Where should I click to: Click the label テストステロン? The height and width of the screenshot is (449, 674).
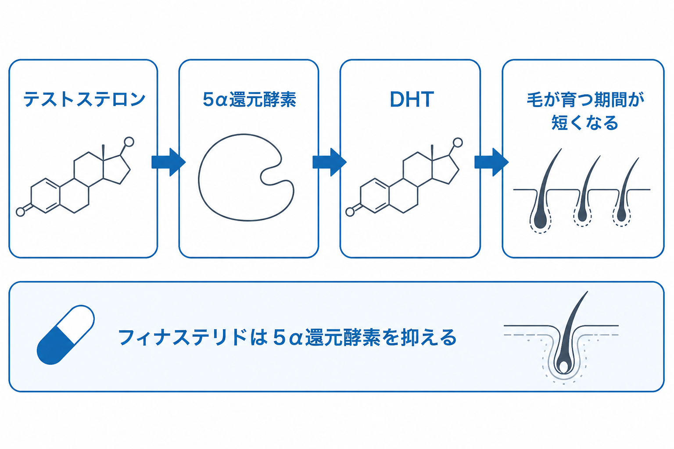pyautogui.click(x=84, y=100)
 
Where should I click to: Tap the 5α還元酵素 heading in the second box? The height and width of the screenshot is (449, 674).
pyautogui.click(x=249, y=100)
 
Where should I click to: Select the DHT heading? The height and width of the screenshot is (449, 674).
pyautogui.click(x=412, y=99)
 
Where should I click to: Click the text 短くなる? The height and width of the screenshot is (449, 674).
pyautogui.click(x=584, y=123)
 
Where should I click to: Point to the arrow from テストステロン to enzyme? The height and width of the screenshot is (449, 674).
pyautogui.click(x=168, y=162)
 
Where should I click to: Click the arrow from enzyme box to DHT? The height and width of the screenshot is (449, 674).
pyautogui.click(x=330, y=162)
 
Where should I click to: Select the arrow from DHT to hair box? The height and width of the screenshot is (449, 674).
pyautogui.click(x=491, y=162)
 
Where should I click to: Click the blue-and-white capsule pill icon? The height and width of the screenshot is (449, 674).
pyautogui.click(x=65, y=335)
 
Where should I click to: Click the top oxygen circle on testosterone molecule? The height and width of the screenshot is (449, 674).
pyautogui.click(x=129, y=142)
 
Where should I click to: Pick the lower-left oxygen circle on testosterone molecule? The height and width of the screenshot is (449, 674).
pyautogui.click(x=21, y=212)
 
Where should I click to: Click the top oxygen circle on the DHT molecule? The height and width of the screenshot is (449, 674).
pyautogui.click(x=458, y=143)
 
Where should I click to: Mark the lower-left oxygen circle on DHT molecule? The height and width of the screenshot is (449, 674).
pyautogui.click(x=350, y=212)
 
